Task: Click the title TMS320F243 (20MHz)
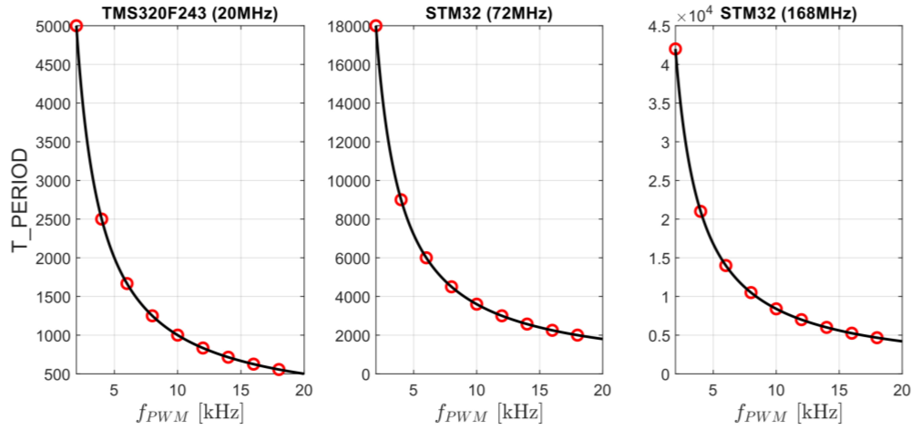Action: pos(190,14)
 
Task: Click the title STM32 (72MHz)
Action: pos(489,14)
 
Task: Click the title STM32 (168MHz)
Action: pos(788,14)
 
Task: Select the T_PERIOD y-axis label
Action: pos(19,200)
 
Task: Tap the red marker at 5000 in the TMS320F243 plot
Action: pos(77,26)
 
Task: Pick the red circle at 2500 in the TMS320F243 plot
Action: pos(102,219)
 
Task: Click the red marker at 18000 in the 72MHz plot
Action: pos(376,26)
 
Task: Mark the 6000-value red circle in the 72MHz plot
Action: pos(426,258)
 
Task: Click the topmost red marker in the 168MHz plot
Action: pos(675,49)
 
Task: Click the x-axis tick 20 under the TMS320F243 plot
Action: pos(304,390)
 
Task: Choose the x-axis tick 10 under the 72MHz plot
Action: pos(476,390)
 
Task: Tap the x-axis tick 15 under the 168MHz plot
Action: pos(839,390)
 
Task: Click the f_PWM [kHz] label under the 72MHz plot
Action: pos(489,413)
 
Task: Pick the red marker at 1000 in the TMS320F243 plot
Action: pos(178,335)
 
